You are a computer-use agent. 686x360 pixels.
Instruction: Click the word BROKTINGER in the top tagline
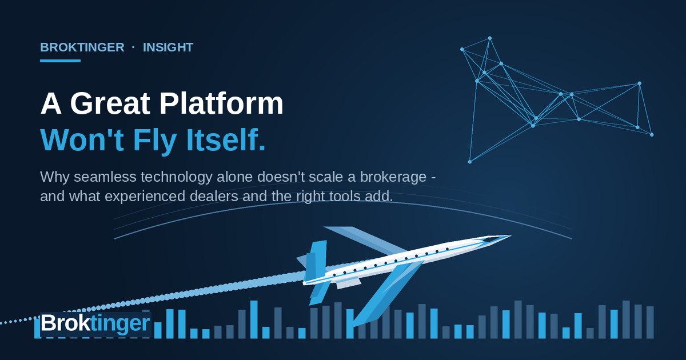(x=82, y=47)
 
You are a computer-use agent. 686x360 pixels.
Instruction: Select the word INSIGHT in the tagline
(x=168, y=47)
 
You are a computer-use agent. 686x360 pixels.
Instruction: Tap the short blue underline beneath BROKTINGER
(x=61, y=61)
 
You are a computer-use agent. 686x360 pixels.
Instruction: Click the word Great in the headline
(x=110, y=103)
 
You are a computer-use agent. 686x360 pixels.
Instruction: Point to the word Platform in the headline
(x=221, y=103)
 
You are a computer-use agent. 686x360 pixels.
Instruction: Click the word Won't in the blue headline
(x=82, y=140)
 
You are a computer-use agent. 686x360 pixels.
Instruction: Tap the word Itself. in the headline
(x=226, y=140)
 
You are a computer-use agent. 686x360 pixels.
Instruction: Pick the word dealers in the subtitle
(x=214, y=196)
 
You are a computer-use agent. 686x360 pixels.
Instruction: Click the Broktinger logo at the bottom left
(x=95, y=323)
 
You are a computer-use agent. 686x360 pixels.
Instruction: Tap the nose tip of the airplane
(x=511, y=235)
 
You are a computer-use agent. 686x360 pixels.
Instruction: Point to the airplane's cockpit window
(x=491, y=239)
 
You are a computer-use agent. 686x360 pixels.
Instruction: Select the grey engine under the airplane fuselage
(x=349, y=283)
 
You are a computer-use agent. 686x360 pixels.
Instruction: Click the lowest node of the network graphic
(x=470, y=162)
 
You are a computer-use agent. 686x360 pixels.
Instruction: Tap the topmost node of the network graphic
(x=490, y=38)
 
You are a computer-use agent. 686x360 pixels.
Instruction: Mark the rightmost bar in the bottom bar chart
(x=650, y=322)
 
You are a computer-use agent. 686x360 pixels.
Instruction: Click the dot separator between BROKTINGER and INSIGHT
(x=133, y=47)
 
